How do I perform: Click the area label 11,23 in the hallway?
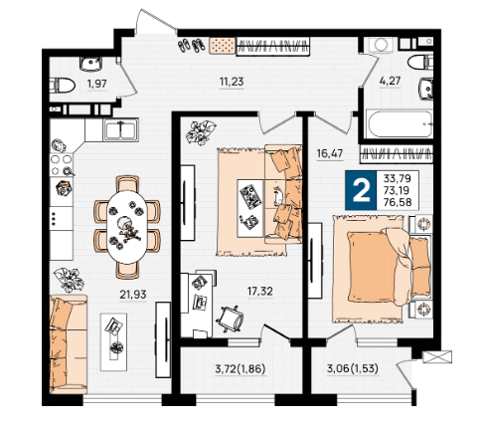pos(232,82)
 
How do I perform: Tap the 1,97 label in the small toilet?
pos(96,84)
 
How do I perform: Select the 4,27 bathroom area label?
pos(390,81)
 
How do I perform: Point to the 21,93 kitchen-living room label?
pos(133,294)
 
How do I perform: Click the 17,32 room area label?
pos(260,292)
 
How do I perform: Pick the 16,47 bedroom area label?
pos(330,153)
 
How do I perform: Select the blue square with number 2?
pos(361,190)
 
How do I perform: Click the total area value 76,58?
pos(398,202)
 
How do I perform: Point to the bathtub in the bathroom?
pos(401,124)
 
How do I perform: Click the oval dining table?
pos(127,227)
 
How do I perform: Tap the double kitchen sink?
pos(120,129)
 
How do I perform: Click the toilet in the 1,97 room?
pos(63,86)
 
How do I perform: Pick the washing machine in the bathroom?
pos(380,45)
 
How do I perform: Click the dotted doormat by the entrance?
pos(222,46)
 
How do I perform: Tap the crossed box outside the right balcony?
pos(437,357)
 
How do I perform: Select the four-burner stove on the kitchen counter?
pos(62,165)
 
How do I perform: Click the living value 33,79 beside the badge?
pos(398,178)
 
